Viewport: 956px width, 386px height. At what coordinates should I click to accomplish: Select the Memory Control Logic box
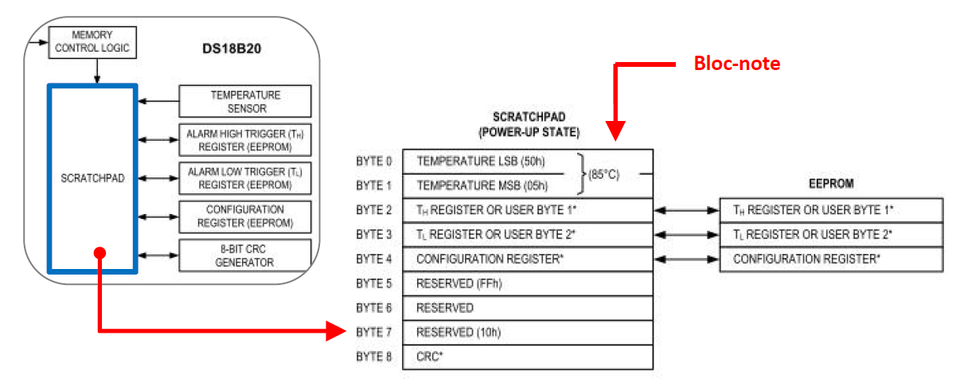click(92, 42)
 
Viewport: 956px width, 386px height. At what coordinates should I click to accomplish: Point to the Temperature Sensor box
click(245, 101)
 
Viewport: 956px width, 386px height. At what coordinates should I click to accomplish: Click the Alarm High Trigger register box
click(245, 140)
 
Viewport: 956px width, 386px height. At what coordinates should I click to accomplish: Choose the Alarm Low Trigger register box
click(245, 177)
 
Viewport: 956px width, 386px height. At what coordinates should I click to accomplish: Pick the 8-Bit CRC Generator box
click(245, 255)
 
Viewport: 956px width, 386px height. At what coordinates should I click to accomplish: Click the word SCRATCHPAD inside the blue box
click(92, 177)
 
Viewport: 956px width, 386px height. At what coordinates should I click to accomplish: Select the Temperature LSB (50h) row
click(470, 162)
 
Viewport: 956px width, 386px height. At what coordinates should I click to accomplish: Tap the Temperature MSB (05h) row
click(470, 186)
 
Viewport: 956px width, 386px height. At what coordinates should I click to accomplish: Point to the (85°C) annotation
click(603, 174)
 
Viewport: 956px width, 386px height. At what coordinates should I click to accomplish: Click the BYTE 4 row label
click(374, 259)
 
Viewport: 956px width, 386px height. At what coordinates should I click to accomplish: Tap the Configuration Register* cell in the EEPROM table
click(806, 259)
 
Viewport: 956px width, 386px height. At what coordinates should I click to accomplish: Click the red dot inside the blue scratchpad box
click(99, 253)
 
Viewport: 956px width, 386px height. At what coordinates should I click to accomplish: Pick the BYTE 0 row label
click(374, 162)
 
